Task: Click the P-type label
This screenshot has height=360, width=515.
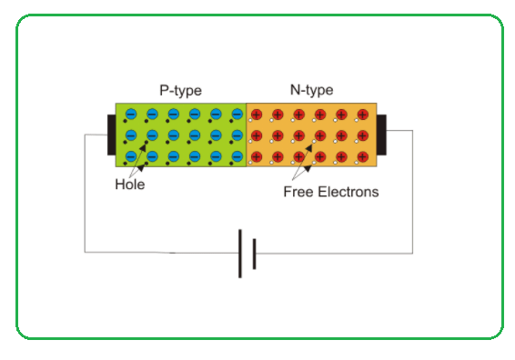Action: click(x=180, y=91)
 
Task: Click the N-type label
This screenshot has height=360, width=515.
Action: click(x=311, y=90)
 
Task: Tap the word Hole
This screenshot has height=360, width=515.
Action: click(x=130, y=185)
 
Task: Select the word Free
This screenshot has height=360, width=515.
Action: click(x=298, y=192)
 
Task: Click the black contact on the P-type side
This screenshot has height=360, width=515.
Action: click(x=111, y=135)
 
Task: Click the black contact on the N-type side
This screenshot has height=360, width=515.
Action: click(x=381, y=135)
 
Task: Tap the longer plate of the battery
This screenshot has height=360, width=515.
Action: click(x=240, y=254)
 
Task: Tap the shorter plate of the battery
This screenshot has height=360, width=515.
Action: click(x=254, y=254)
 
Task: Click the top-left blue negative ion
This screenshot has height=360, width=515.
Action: click(x=131, y=115)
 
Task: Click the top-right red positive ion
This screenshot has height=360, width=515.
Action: click(x=363, y=115)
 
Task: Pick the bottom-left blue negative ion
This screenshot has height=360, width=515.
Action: click(x=131, y=156)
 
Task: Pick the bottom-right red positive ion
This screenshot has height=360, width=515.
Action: click(x=363, y=157)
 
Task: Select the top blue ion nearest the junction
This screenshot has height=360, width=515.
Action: click(x=237, y=115)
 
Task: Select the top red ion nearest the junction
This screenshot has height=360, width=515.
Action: click(x=257, y=115)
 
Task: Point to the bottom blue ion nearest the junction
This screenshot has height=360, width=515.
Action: click(x=237, y=156)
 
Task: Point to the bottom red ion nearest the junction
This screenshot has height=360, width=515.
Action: click(x=257, y=157)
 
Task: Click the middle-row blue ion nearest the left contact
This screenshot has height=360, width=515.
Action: click(x=131, y=135)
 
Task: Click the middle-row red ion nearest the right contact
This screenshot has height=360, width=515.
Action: click(x=363, y=135)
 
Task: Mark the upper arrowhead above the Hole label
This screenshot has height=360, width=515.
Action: click(x=143, y=147)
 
